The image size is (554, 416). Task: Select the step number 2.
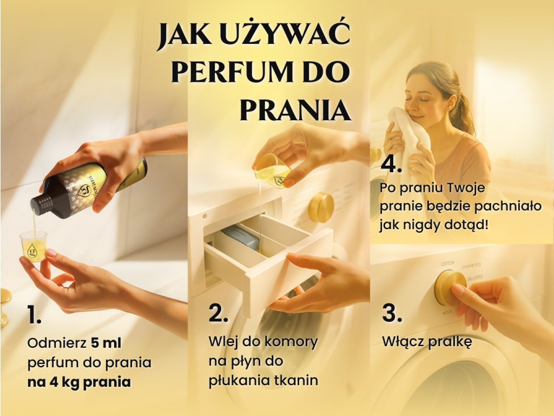coord(218,313)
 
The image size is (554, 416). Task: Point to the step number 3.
coord(392,313)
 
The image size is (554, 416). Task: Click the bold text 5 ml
coord(106,343)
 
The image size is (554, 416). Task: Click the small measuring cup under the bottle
coord(34,246)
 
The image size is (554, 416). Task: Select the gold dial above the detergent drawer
coord(321,207)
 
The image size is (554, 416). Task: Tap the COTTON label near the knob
coord(447,264)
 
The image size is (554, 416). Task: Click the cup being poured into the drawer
coord(273,171)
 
